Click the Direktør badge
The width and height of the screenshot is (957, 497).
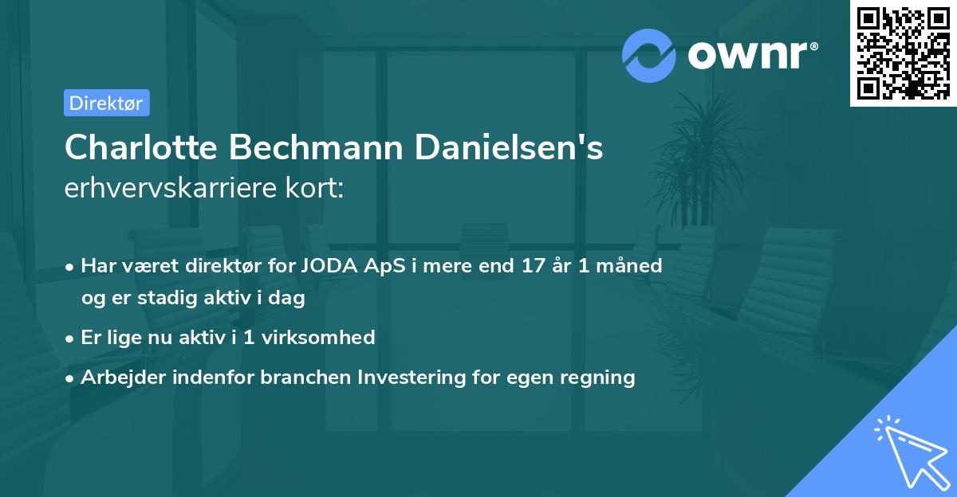pyautogui.click(x=106, y=103)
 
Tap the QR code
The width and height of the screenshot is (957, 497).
pyautogui.click(x=903, y=53)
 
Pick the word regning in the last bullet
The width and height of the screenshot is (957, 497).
pyautogui.click(x=601, y=378)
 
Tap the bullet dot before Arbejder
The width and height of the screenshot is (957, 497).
pyautogui.click(x=71, y=378)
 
